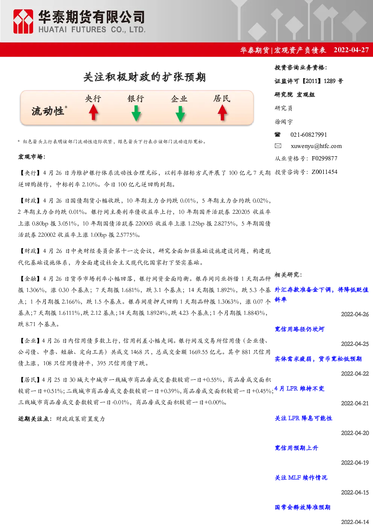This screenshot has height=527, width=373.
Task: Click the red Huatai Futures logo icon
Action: coord(23,21)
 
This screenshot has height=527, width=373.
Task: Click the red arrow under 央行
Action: coord(94,112)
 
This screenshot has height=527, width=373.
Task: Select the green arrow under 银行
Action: coord(136,113)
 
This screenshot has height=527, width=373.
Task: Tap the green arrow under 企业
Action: coord(180,114)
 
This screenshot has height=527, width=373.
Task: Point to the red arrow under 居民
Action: coord(222,112)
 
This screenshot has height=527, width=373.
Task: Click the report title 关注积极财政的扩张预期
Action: coord(145,77)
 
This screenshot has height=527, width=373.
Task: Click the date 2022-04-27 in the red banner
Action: coord(351,50)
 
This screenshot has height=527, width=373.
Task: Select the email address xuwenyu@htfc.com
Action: coord(316,146)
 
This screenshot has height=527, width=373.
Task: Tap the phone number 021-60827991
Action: coord(308,134)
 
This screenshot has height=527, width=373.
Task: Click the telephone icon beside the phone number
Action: coord(277,134)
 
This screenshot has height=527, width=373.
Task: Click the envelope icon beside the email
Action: coord(278,146)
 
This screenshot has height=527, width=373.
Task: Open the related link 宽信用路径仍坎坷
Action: coord(300,329)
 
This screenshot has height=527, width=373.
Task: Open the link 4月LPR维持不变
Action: coord(300,388)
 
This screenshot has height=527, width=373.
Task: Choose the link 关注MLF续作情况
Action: coord(301,477)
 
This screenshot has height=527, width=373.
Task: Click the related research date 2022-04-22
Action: coord(355,374)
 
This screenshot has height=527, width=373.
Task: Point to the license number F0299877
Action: coord(324,159)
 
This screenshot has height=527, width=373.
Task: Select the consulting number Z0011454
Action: coord(324,172)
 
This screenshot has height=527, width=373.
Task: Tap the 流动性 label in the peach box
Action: coord(48,111)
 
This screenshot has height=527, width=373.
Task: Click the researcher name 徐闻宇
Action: coord(284,122)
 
